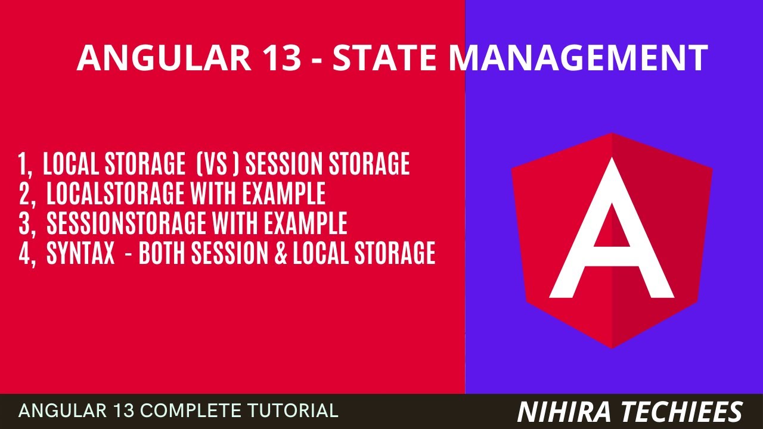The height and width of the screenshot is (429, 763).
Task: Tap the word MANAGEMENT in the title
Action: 578,58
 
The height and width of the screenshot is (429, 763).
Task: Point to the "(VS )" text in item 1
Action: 218,164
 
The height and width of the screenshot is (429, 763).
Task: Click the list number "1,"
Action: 27,164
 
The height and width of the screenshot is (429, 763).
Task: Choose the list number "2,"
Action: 28,194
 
